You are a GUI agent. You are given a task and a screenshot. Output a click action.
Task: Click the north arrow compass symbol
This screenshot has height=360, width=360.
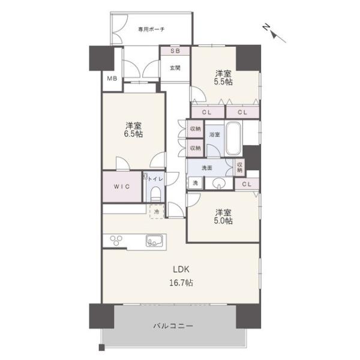click(274, 34)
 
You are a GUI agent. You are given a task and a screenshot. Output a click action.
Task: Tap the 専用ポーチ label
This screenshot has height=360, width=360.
click(151, 29)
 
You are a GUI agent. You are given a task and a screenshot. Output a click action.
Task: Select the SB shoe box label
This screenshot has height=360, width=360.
click(175, 51)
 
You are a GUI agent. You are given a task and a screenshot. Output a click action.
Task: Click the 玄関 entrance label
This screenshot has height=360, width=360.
click(175, 68)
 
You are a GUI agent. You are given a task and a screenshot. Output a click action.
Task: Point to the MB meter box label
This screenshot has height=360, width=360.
click(112, 79)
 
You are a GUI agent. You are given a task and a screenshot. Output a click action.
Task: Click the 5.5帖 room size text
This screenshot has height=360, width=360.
click(223, 82)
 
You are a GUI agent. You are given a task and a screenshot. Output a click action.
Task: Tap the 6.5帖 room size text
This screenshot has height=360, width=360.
click(133, 134)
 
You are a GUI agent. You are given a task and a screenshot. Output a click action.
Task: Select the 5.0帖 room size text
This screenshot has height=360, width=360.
click(223, 221)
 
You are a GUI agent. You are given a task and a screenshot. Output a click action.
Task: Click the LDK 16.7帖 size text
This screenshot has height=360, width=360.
click(181, 283)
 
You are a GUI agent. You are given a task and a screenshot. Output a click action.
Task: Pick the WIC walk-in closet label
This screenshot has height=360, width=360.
click(122, 187)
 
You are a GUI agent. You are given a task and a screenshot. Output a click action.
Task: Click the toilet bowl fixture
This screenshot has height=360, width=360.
click(155, 194)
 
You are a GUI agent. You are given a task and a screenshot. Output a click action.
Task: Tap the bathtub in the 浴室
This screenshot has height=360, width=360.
click(234, 139)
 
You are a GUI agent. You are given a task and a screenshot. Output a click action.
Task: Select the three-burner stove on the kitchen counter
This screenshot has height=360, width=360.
click(116, 241)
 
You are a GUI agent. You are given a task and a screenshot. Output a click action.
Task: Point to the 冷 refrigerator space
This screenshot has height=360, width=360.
click(157, 211)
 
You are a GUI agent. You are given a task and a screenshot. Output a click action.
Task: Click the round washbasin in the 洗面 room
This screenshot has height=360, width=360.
click(219, 184)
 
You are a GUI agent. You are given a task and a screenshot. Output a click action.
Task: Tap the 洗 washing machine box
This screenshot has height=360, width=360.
click(196, 183)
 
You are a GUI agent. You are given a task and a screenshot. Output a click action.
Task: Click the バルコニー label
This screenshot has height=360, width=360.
click(173, 326)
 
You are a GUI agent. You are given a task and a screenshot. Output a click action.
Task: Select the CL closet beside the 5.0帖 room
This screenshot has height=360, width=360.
click(247, 184)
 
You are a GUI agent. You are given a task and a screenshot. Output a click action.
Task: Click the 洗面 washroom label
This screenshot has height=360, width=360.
click(207, 168)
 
